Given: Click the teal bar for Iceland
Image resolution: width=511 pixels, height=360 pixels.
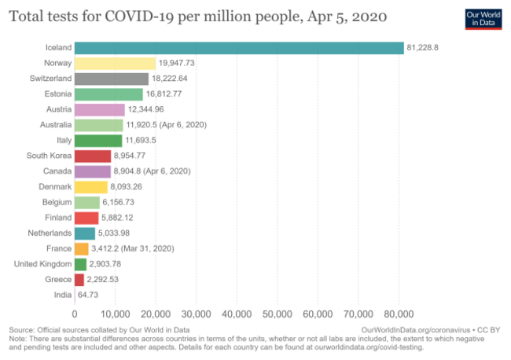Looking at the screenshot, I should point(239,48).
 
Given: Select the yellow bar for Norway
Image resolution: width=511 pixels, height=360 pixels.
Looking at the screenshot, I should point(115,64).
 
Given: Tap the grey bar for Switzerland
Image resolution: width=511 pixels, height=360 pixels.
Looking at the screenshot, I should point(111,79).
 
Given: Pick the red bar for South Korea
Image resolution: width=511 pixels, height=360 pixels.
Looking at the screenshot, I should point(93,156).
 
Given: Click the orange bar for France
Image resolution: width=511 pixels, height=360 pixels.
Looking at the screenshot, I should point(81,248).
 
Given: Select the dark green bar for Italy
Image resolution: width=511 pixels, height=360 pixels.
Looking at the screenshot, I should point(98,141).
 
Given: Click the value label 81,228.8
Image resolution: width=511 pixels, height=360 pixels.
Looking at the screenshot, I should point(422,48).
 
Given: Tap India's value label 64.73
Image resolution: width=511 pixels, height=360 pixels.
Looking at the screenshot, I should point(87,295).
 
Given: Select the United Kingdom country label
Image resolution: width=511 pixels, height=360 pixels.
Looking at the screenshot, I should point(42,264).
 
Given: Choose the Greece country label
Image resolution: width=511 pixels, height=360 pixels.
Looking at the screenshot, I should point(57,279).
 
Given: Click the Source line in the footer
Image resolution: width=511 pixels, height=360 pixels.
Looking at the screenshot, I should point(99,329).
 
